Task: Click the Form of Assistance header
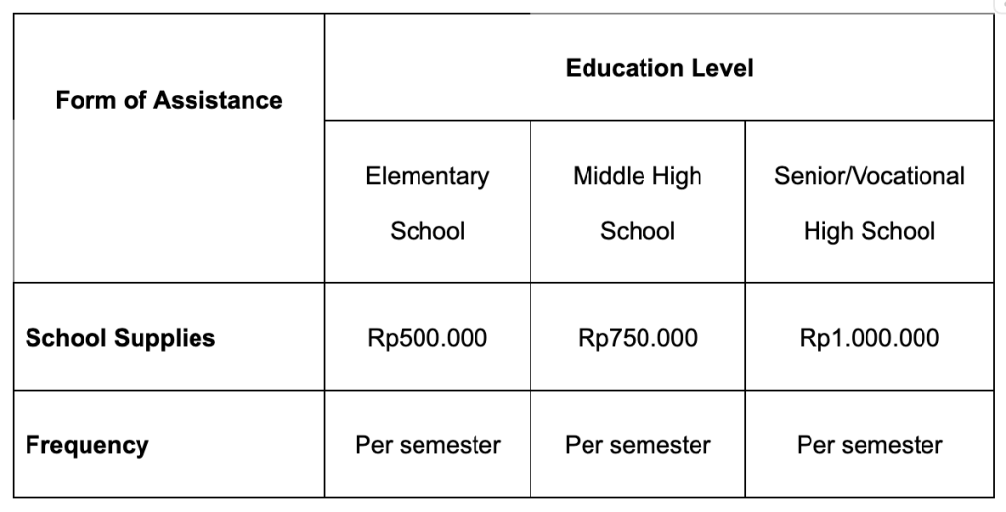[168, 100]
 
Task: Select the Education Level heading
[659, 68]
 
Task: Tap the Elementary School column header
[427, 203]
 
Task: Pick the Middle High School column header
[638, 203]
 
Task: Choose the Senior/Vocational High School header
[869, 203]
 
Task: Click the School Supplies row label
[120, 338]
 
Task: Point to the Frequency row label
[86, 445]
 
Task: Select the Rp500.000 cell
[427, 339]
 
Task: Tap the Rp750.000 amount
[638, 339]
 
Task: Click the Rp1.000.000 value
[869, 339]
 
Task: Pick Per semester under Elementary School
[427, 445]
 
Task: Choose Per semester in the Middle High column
[638, 445]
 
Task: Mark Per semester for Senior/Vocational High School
[869, 445]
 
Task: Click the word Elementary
[427, 176]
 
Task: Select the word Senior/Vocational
[869, 176]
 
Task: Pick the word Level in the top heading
[723, 68]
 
